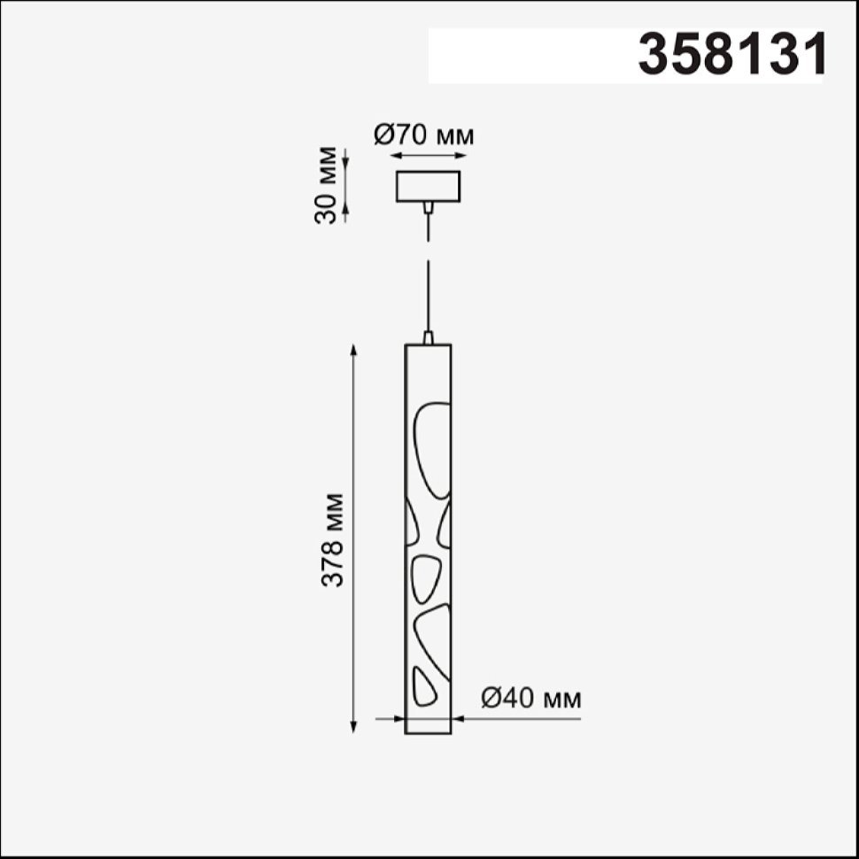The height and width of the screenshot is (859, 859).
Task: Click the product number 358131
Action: [x=732, y=54]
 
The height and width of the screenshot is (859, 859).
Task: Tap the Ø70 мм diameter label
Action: [x=423, y=135]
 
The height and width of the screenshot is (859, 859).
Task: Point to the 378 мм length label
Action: [x=332, y=540]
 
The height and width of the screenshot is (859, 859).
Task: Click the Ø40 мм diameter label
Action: [x=530, y=699]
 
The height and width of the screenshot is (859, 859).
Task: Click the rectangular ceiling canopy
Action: [x=429, y=186]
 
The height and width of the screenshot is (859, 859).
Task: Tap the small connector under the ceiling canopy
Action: [x=429, y=207]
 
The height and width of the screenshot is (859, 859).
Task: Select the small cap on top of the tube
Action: [x=429, y=337]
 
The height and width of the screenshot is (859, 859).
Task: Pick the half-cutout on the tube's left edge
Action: [x=412, y=523]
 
